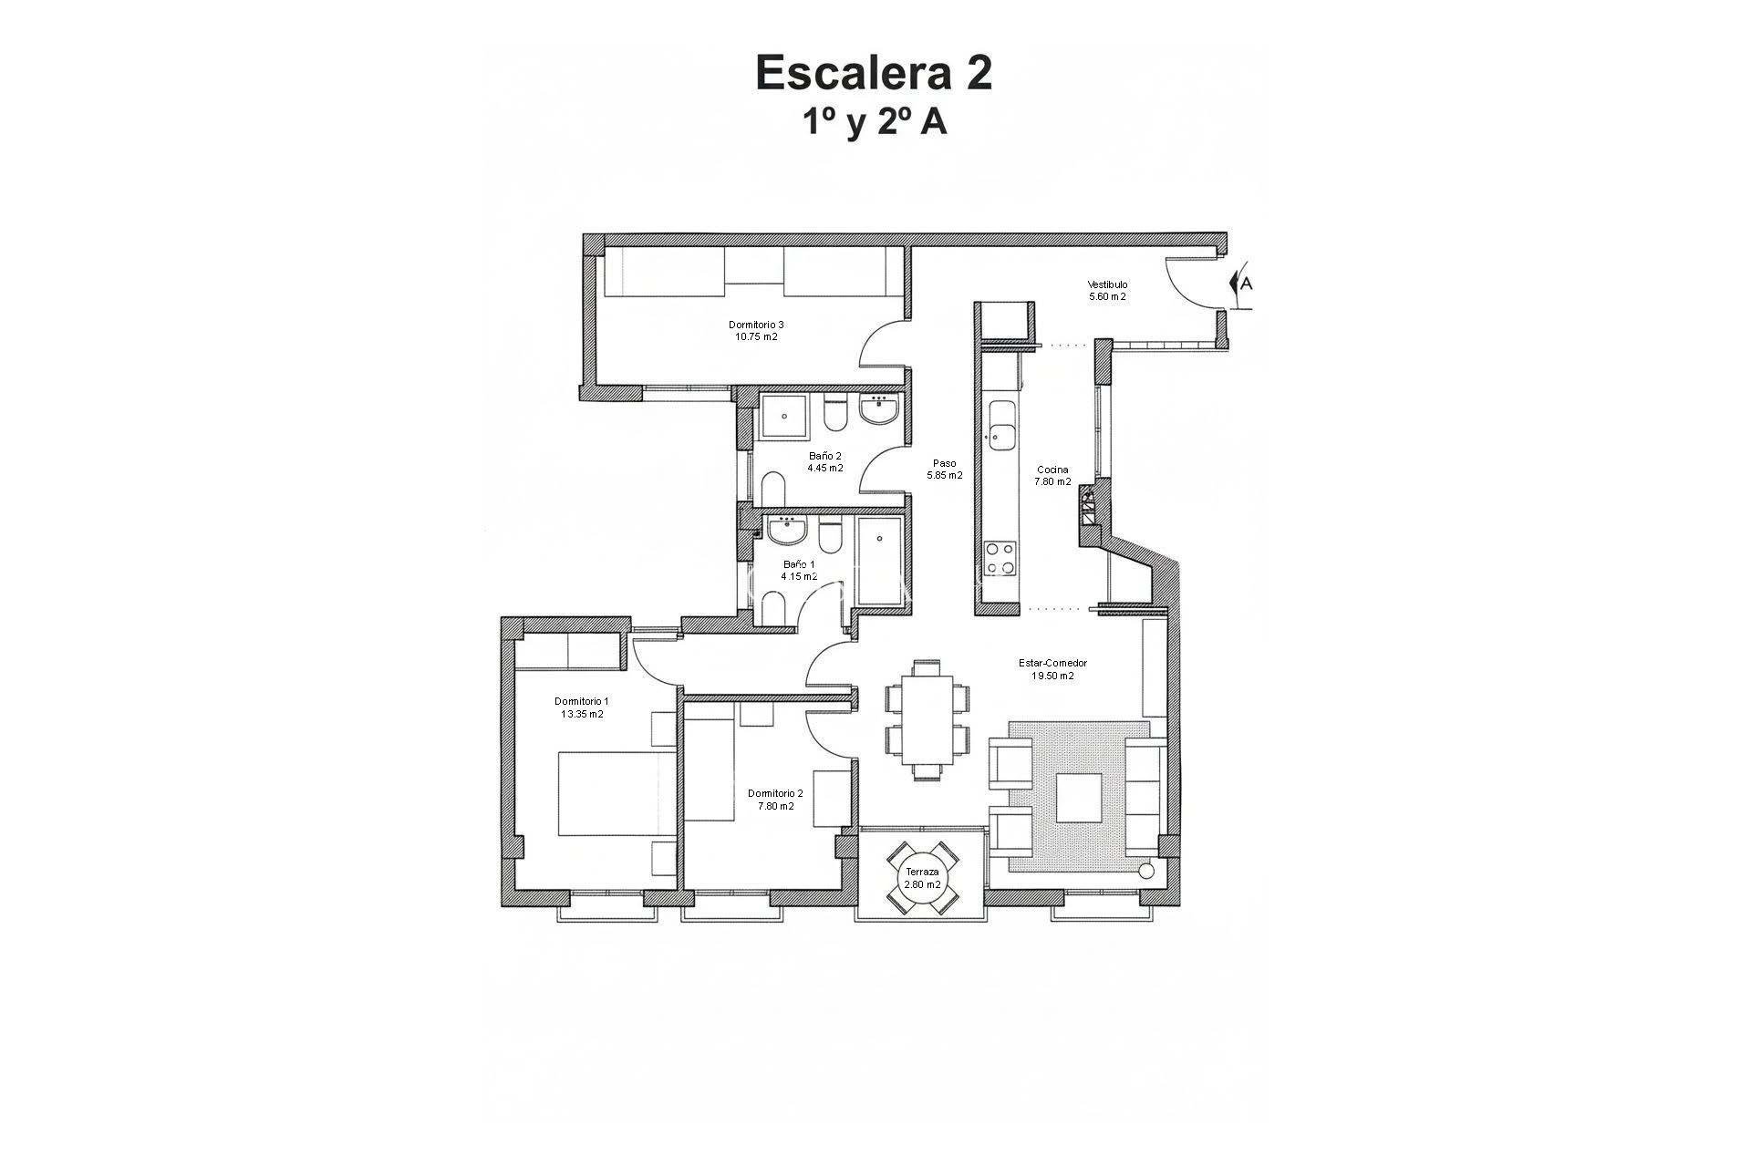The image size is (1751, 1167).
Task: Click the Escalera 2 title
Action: point(874,74)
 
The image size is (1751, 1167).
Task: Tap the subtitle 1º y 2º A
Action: point(874,122)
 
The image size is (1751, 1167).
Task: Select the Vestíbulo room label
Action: point(1107,284)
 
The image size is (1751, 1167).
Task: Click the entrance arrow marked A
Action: point(1241,283)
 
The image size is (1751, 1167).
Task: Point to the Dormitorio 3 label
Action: point(756,325)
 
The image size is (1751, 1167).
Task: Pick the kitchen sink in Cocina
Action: point(1002,425)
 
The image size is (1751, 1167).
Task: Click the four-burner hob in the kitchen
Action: point(1000,558)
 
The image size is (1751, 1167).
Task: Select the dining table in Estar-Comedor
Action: point(927,720)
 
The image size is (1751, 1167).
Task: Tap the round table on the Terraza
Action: point(923,878)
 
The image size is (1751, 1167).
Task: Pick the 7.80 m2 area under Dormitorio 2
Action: point(775,806)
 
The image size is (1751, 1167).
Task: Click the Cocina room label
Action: point(1052,470)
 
